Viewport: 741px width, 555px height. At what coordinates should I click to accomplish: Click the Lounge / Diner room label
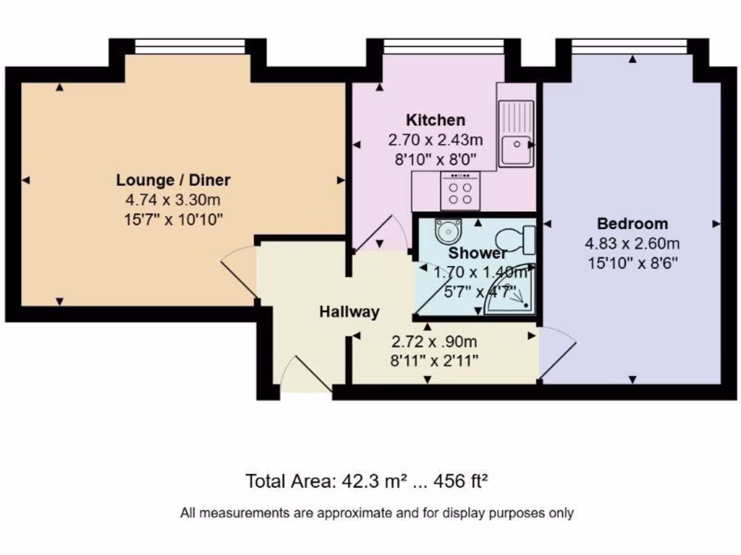173,180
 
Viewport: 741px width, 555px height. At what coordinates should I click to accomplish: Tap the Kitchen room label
435,120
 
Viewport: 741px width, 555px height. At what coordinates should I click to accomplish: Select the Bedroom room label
632,223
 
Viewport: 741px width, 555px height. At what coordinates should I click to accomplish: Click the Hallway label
350,312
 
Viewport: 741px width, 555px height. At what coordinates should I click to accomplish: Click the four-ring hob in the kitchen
459,192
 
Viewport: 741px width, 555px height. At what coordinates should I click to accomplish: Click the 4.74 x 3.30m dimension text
173,200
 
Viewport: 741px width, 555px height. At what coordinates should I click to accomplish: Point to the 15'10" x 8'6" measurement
632,263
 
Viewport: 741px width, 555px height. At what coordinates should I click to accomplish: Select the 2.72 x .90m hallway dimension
434,342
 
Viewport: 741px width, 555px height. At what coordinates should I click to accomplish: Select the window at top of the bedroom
629,46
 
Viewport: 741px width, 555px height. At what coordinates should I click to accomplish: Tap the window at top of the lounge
191,46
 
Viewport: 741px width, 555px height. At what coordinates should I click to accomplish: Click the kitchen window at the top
443,46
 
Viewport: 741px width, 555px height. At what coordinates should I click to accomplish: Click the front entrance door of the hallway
306,377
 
